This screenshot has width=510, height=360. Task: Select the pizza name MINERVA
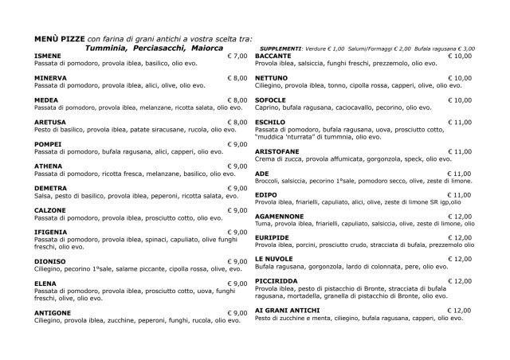coord(49,77)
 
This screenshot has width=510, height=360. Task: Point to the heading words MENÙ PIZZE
coord(59,38)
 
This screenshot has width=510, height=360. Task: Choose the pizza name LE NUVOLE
coord(274,259)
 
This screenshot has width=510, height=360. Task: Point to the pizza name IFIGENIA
coord(50,232)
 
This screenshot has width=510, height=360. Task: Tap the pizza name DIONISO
coord(49,261)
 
